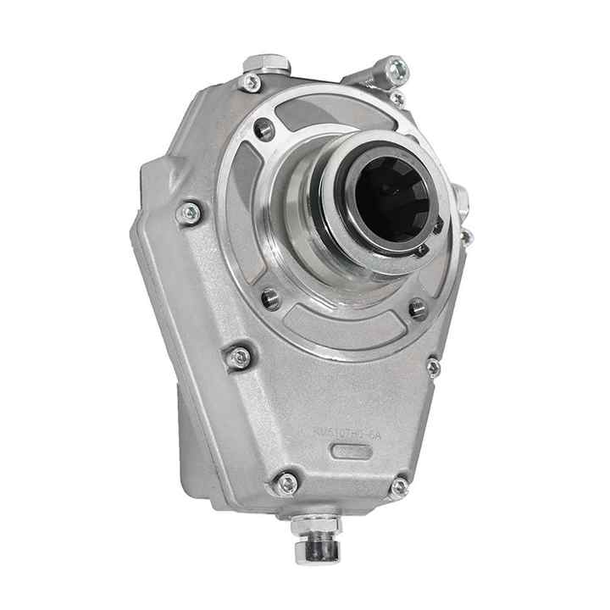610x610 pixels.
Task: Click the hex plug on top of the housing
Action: point(266,64)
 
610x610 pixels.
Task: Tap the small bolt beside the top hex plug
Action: point(251,83)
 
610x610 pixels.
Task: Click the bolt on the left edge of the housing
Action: point(190,213)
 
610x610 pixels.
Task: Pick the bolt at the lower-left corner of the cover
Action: point(287,483)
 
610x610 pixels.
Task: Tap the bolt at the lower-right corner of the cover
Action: point(398,486)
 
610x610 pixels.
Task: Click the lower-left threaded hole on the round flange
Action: point(271,298)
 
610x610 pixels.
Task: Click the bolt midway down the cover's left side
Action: point(240,358)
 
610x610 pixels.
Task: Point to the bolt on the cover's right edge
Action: point(433,367)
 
